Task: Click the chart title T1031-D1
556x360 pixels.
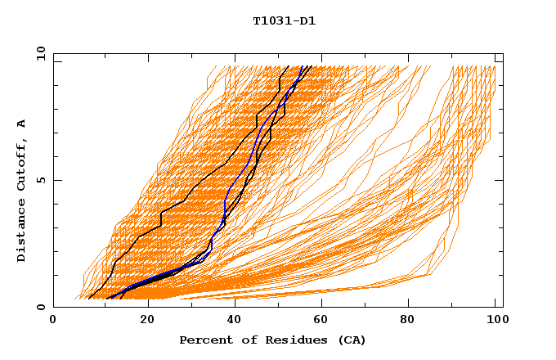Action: [x=284, y=21]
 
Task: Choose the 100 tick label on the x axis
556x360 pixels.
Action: [x=495, y=321]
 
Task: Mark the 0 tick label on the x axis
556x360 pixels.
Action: [x=54, y=321]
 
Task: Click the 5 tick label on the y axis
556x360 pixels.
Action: [x=39, y=180]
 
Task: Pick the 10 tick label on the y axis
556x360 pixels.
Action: [x=38, y=53]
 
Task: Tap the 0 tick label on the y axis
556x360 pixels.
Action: [x=39, y=307]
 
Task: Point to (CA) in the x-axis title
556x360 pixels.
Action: [x=349, y=340]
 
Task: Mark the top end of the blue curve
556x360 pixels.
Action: [x=303, y=66]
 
